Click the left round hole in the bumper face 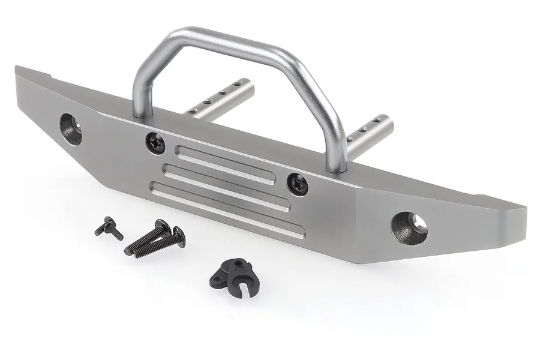pos(71,128)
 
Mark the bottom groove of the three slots pos(227,211)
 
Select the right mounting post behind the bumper pos(369,134)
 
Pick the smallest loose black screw pos(109,227)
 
